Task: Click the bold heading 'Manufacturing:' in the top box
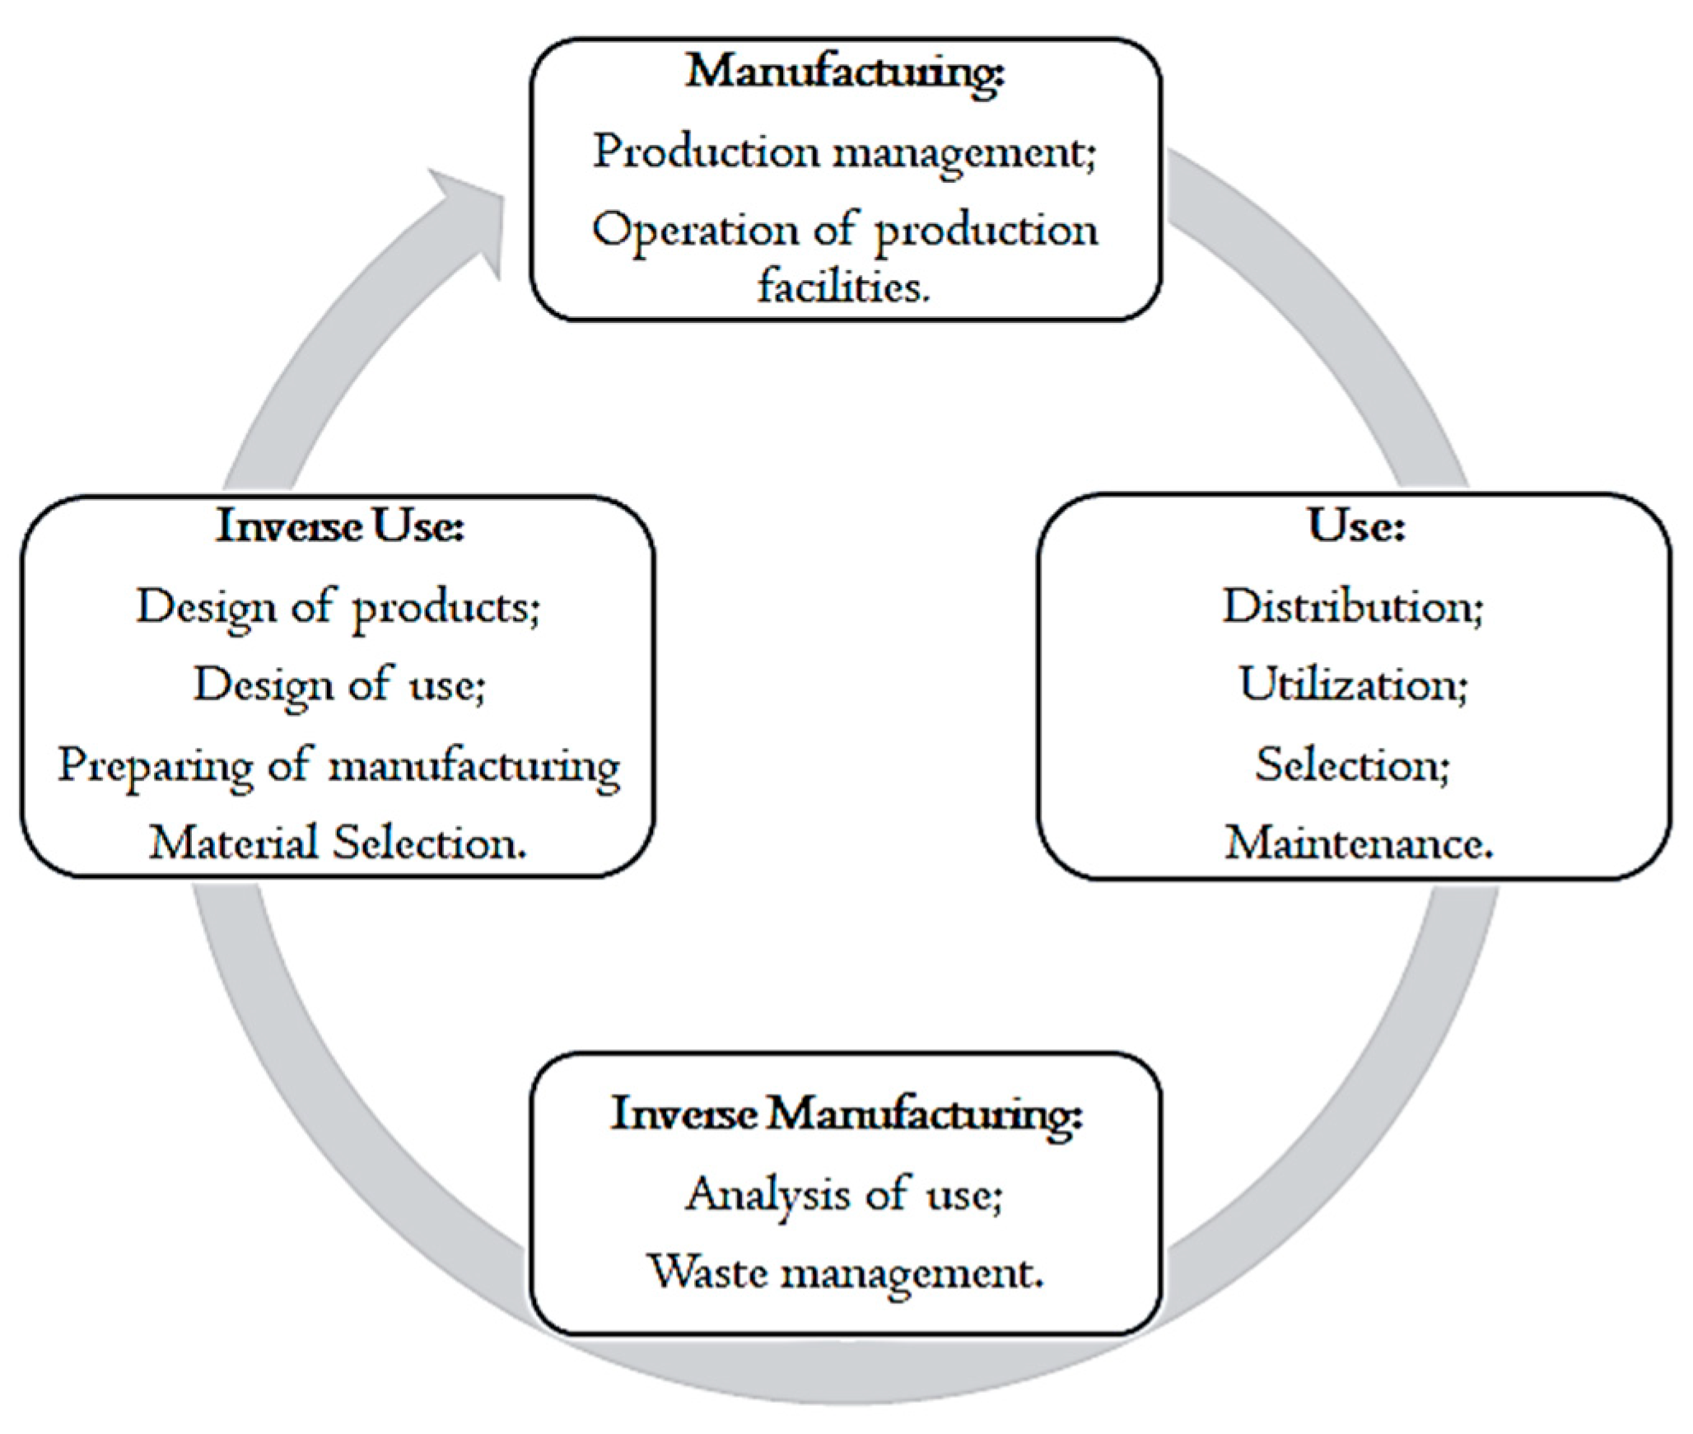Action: click(x=845, y=72)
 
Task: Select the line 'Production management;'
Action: click(x=845, y=153)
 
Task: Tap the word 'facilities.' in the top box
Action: click(x=844, y=287)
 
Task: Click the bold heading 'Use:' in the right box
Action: click(x=1356, y=525)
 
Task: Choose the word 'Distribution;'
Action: click(x=1353, y=607)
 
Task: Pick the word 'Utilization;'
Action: click(x=1353, y=684)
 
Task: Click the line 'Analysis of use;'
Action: click(x=844, y=1195)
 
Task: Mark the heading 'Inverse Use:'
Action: click(x=339, y=525)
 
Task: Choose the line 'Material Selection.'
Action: click(x=338, y=843)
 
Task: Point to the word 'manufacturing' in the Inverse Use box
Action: click(x=474, y=766)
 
